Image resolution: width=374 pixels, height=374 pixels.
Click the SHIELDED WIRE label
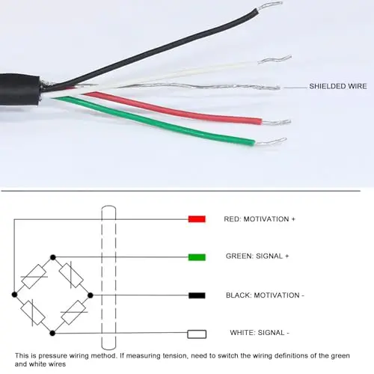pyautogui.click(x=338, y=86)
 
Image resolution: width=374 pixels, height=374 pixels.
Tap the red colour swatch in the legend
pyautogui.click(x=197, y=219)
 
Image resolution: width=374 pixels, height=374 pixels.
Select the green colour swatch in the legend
pyautogui.click(x=197, y=257)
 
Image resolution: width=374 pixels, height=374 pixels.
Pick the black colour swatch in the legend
pyautogui.click(x=197, y=295)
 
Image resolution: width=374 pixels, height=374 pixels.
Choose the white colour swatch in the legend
pyautogui.click(x=197, y=334)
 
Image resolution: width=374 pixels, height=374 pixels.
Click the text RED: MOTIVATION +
pyautogui.click(x=260, y=219)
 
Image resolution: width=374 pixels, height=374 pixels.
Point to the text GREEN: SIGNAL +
pyautogui.click(x=257, y=257)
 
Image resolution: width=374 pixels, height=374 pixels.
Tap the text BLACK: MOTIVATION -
pyautogui.click(x=265, y=295)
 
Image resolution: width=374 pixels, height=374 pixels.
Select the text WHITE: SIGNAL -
pyautogui.click(x=260, y=333)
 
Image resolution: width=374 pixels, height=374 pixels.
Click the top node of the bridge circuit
pyautogui.click(x=53, y=257)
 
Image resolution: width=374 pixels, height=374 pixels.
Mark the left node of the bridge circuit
pyautogui.click(x=14, y=295)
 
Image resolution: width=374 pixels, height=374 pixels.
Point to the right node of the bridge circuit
pyautogui.click(x=91, y=295)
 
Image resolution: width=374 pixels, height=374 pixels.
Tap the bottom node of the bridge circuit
pyautogui.click(x=52, y=333)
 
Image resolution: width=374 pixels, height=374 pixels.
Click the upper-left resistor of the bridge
pyautogui.click(x=34, y=276)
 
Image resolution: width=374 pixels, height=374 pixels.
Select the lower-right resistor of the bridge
pyautogui.click(x=74, y=313)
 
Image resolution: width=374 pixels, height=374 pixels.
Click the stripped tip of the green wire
pyautogui.click(x=271, y=141)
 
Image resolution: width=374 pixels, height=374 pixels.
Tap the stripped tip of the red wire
pyautogui.click(x=276, y=122)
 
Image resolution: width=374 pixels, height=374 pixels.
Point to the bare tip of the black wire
pyautogui.click(x=270, y=5)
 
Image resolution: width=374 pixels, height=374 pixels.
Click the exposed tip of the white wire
pyautogui.click(x=275, y=59)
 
